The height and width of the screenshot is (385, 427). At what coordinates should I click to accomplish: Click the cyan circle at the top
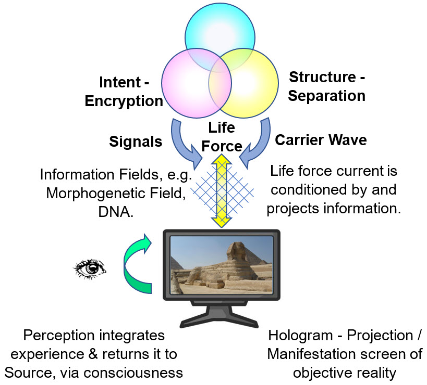click(x=219, y=26)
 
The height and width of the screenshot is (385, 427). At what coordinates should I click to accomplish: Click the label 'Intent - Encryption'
click(x=125, y=91)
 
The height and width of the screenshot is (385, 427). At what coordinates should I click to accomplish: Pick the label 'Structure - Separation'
click(x=327, y=86)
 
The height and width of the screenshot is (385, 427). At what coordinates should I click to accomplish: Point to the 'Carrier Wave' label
click(x=321, y=139)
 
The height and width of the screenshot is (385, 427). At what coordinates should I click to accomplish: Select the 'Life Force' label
click(x=222, y=136)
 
